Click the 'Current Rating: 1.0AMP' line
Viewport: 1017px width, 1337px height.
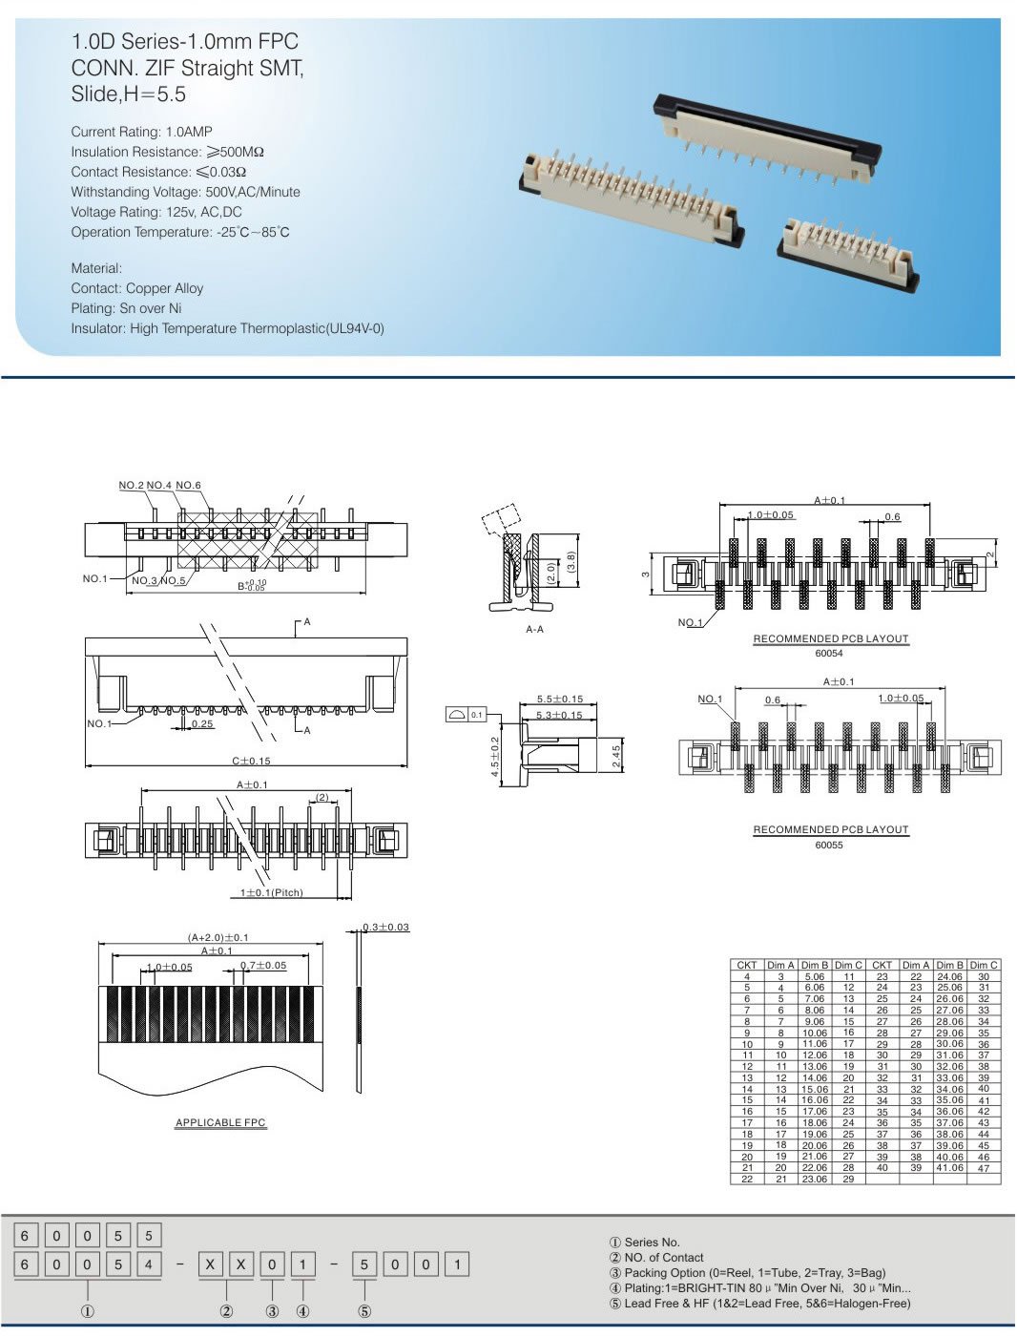tap(141, 132)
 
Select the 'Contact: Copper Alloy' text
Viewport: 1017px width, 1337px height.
tap(136, 288)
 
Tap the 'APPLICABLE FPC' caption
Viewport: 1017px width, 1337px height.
tap(220, 1123)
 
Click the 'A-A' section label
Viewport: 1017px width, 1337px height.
tap(534, 630)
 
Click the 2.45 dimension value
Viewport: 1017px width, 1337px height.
tap(616, 757)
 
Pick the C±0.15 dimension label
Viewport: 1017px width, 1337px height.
tap(251, 761)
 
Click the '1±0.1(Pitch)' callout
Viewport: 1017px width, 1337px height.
tap(271, 893)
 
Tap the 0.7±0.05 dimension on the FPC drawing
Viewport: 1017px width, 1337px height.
tap(262, 966)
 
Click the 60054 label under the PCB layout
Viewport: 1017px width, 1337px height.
tap(829, 654)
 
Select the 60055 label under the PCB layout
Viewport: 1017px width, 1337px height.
tap(829, 845)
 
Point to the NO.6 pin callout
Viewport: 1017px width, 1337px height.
tap(188, 486)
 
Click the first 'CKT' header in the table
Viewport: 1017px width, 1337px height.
tap(746, 965)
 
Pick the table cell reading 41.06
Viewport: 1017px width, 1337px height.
tap(949, 1168)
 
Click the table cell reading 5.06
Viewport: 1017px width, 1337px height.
tap(814, 976)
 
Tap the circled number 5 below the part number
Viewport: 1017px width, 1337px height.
tap(364, 1311)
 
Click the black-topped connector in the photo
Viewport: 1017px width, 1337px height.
tap(767, 134)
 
